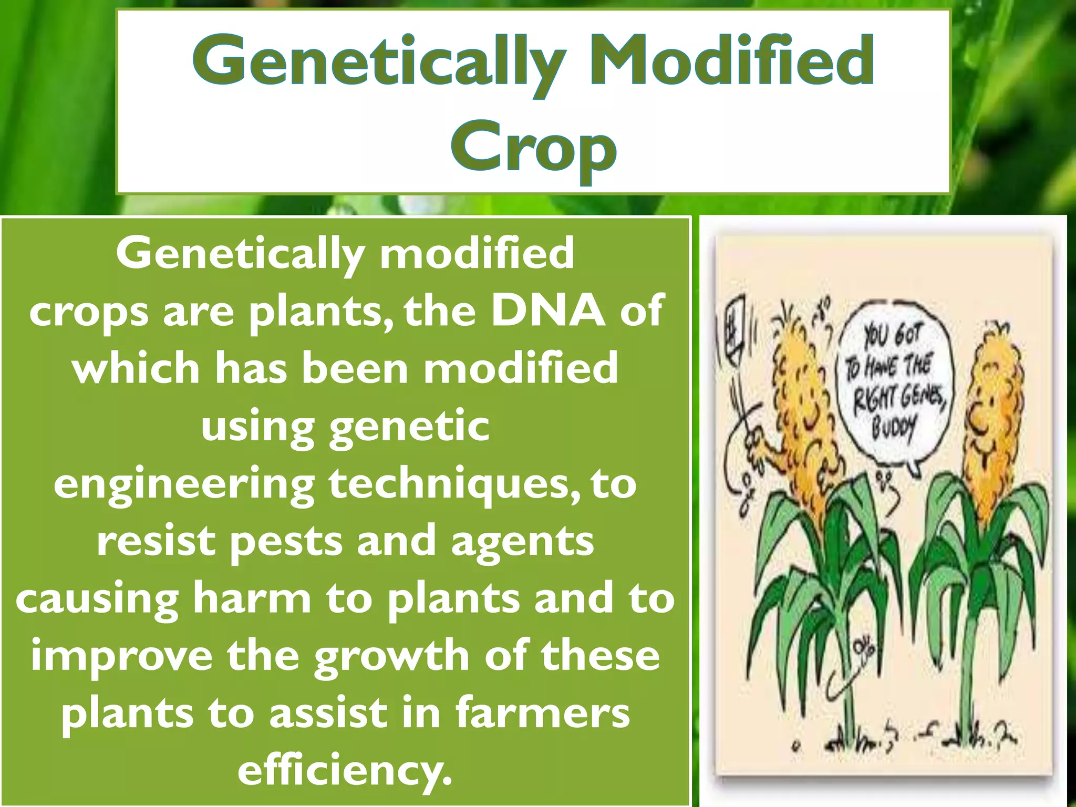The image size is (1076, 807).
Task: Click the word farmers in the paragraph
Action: pos(543,712)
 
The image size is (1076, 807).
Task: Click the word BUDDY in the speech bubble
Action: pos(894,428)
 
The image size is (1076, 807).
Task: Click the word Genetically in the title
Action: pos(379,62)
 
